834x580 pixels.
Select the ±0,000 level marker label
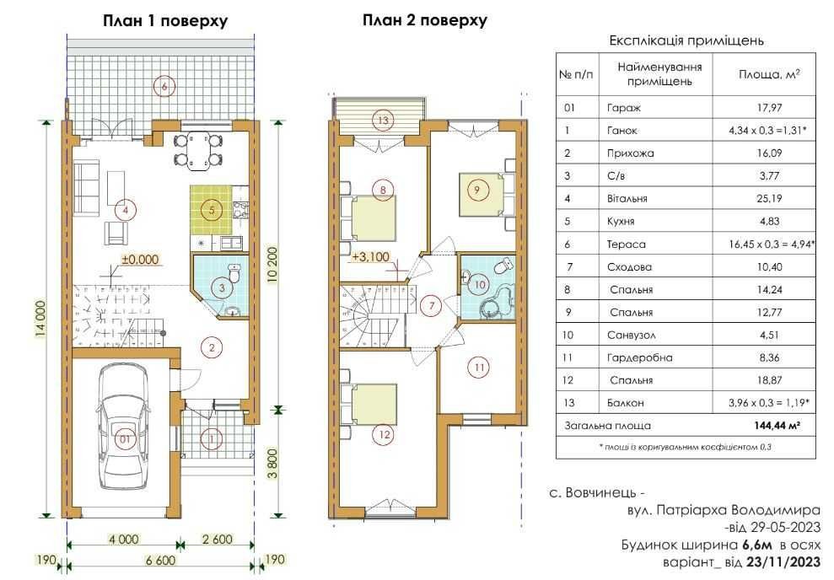[x=141, y=260]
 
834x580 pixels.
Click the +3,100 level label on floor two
[x=371, y=257]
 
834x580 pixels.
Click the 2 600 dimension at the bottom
[x=217, y=539]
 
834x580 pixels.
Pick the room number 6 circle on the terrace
[x=164, y=86]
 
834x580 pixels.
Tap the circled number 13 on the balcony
[x=383, y=121]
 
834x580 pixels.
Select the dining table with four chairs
[x=198, y=150]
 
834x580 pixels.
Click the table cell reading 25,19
[x=769, y=199]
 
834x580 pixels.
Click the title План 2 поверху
[x=424, y=20]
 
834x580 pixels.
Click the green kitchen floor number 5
[x=212, y=210]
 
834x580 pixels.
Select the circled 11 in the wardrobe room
[x=479, y=368]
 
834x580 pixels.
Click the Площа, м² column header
[x=768, y=74]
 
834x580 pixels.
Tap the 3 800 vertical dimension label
[x=273, y=465]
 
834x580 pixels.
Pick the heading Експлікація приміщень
[x=686, y=41]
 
